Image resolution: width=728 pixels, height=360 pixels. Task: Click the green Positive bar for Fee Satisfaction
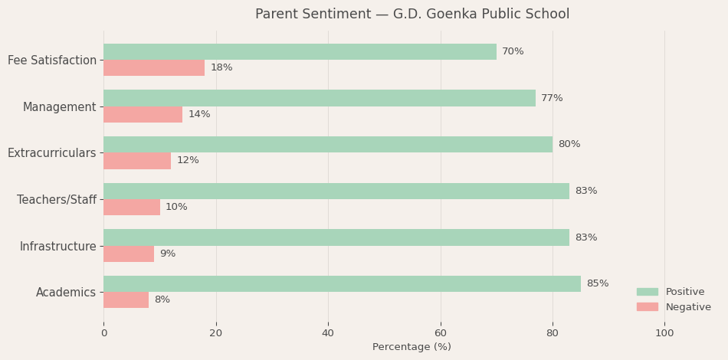click(x=300, y=51)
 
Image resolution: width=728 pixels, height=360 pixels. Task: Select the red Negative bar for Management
click(x=143, y=114)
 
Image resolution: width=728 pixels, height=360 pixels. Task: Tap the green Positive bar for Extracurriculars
click(x=328, y=144)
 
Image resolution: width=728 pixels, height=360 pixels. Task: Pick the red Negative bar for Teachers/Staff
click(x=132, y=207)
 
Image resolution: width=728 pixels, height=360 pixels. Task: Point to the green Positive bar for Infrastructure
click(x=336, y=237)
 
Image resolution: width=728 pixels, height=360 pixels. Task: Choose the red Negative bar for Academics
click(x=126, y=299)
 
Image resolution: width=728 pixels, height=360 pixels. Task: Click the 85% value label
click(x=598, y=284)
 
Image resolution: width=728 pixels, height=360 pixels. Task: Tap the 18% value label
click(x=221, y=68)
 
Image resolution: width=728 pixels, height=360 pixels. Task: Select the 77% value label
click(x=552, y=98)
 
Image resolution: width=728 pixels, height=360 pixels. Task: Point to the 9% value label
click(x=167, y=254)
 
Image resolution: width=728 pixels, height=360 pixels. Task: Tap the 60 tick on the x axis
click(x=441, y=333)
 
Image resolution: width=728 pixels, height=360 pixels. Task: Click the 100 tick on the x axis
click(x=664, y=333)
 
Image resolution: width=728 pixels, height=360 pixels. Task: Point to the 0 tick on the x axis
click(x=104, y=333)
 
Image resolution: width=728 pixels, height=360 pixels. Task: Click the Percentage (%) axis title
click(x=412, y=347)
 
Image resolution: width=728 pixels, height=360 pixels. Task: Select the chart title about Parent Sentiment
click(x=412, y=15)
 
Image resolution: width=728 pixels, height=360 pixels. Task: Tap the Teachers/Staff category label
click(x=57, y=200)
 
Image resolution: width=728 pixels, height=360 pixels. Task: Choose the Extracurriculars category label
click(x=52, y=153)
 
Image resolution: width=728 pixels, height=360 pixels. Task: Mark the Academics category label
click(x=66, y=292)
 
